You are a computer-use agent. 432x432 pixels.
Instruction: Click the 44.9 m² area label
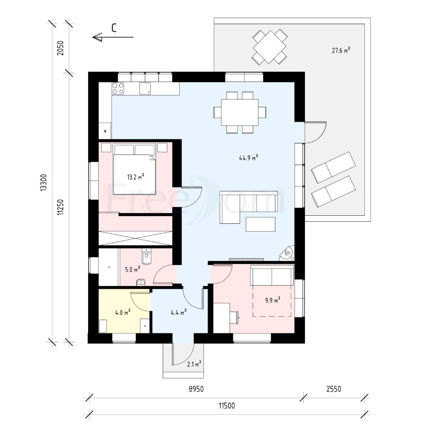tap(248, 158)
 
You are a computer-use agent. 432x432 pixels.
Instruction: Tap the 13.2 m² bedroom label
tap(136, 177)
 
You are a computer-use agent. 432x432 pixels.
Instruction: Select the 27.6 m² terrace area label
tap(341, 50)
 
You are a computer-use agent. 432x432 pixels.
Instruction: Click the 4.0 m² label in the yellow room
tap(123, 312)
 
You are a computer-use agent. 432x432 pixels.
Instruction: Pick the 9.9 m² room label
tap(273, 300)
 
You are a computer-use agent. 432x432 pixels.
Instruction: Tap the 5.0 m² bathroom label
tap(133, 269)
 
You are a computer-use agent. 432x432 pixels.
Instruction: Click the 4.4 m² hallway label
tap(179, 312)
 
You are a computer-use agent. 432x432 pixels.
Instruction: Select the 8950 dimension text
tap(196, 389)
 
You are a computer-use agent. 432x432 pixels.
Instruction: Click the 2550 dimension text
tap(334, 389)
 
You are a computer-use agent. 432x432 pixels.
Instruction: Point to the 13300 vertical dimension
tap(44, 183)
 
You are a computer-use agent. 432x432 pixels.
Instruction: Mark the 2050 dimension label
tap(60, 48)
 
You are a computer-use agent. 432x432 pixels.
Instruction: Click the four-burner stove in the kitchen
tap(118, 88)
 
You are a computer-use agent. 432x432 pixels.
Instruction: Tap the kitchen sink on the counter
tap(145, 88)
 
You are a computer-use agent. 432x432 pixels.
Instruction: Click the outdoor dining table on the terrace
tap(270, 47)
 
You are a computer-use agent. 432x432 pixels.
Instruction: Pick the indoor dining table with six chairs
tap(240, 112)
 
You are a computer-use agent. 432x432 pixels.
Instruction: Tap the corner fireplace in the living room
tap(287, 253)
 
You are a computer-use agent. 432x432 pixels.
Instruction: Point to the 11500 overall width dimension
tap(227, 406)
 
